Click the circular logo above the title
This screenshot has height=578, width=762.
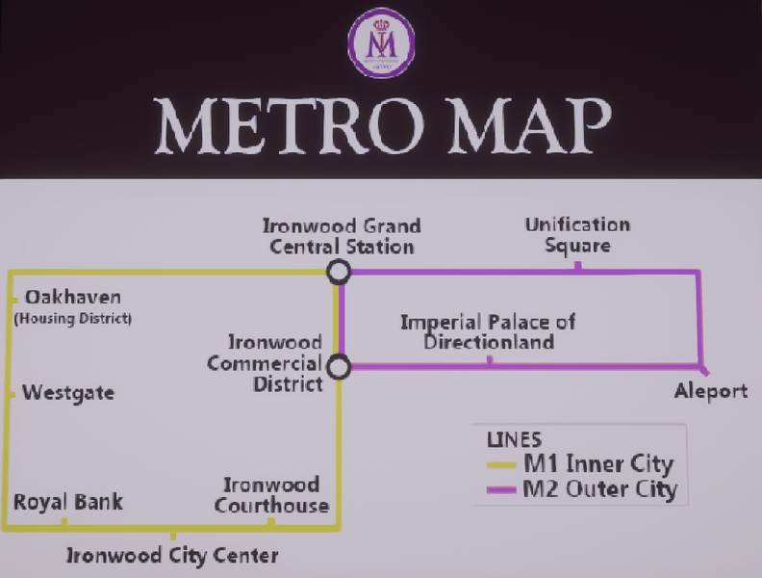[381, 42]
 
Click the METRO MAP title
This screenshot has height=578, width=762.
[382, 124]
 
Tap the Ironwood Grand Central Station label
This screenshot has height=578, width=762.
[342, 236]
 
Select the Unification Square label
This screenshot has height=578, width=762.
[577, 235]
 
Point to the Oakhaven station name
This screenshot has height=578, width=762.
[73, 297]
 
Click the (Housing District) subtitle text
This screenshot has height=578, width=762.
[73, 318]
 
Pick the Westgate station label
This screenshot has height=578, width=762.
[68, 393]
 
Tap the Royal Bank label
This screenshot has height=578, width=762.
[67, 502]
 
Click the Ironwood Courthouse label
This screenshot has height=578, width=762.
[271, 495]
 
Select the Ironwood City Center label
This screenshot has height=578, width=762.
[172, 556]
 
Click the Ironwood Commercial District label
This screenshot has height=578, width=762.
[266, 363]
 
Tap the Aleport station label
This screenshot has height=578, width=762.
[710, 391]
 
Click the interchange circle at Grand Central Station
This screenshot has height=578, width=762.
[338, 273]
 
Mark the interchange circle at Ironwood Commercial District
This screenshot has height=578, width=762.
[338, 367]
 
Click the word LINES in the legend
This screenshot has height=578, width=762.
[515, 439]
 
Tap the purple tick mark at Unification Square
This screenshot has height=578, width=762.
[577, 266]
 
